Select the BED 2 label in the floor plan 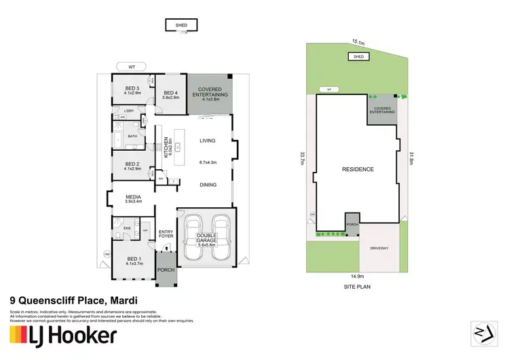[x=132, y=165]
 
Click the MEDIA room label [x=133, y=198]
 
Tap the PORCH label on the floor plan [x=166, y=270]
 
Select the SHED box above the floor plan [x=181, y=25]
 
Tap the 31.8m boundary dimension [x=411, y=158]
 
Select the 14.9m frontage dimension [x=357, y=276]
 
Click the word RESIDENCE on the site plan [x=357, y=168]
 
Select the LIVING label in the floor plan [x=207, y=141]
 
